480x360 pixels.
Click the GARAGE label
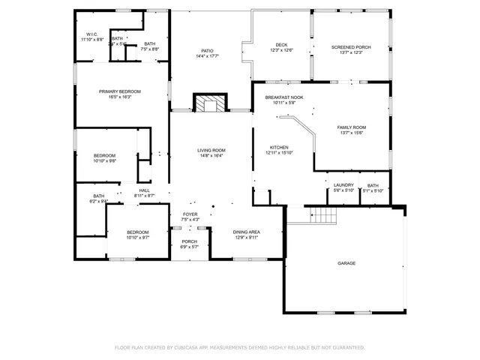pyautogui.click(x=346, y=263)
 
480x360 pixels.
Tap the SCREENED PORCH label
pyautogui.click(x=351, y=46)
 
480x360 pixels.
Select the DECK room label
pyautogui.click(x=281, y=45)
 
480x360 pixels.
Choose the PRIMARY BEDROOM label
pyautogui.click(x=120, y=91)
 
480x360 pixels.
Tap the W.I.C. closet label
pyautogui.click(x=92, y=34)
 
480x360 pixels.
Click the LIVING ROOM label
pyautogui.click(x=211, y=150)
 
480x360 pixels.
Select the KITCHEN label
pyautogui.click(x=279, y=147)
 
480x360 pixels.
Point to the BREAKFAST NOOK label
pyautogui.click(x=284, y=97)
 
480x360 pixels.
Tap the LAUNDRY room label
pyautogui.click(x=343, y=185)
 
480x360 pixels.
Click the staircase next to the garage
pyautogui.click(x=324, y=216)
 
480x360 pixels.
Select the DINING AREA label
pyautogui.click(x=247, y=232)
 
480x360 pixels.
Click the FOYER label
pyautogui.click(x=190, y=214)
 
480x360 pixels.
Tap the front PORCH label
pyautogui.click(x=190, y=241)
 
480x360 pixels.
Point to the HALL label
pyautogui.click(x=144, y=190)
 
